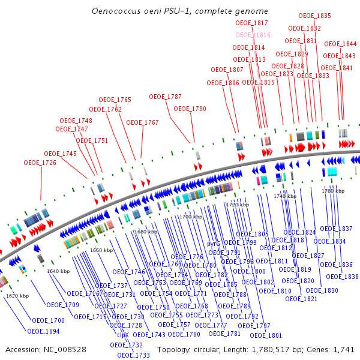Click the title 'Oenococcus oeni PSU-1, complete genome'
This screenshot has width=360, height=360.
coord(180,11)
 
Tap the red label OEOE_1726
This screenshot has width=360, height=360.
coord(40,163)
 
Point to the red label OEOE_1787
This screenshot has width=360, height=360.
coord(165,97)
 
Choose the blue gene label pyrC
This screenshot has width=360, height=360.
coord(214,244)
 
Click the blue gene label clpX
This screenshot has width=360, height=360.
coord(122,335)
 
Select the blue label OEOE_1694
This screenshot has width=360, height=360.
coord(43,331)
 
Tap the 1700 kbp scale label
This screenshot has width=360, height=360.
coord(191,216)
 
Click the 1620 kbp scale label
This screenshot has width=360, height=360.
coord(17,296)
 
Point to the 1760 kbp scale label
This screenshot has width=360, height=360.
coord(333,191)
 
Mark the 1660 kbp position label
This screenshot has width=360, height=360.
coord(101,250)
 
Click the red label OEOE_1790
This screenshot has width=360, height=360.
coord(190,109)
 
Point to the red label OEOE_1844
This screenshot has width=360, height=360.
coord(340,44)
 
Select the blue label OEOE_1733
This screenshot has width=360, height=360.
coord(133,355)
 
